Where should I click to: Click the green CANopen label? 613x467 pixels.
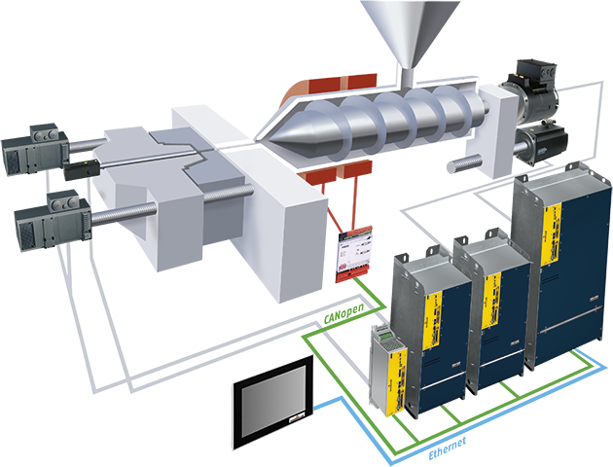[343, 313]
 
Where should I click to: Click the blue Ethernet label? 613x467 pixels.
[448, 449]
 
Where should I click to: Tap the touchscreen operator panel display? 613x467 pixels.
[273, 403]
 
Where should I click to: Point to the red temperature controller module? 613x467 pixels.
[354, 253]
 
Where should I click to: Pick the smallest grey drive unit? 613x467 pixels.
[388, 372]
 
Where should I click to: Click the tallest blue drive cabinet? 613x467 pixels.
[561, 266]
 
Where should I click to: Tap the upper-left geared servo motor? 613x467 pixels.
[35, 151]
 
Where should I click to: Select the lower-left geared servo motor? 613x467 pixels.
[53, 221]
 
